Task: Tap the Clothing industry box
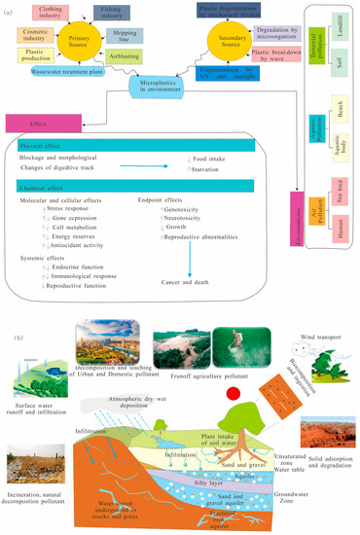pos(45,14)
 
